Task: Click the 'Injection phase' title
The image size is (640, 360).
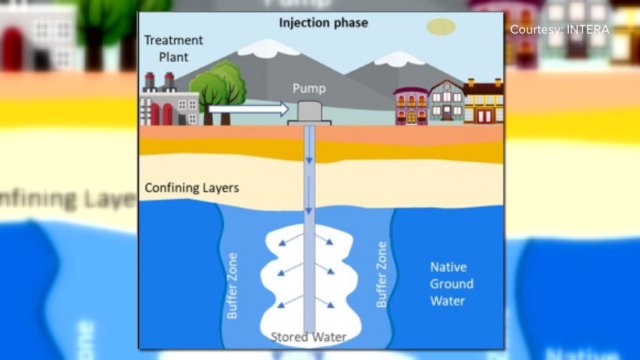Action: pyautogui.click(x=324, y=23)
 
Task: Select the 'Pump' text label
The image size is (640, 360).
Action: pyautogui.click(x=309, y=89)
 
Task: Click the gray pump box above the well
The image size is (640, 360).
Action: pyautogui.click(x=308, y=112)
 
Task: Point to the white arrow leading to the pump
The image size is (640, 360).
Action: pyautogui.click(x=248, y=110)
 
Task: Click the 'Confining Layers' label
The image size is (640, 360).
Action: pyautogui.click(x=191, y=188)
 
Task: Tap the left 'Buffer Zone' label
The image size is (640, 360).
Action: pyautogui.click(x=232, y=285)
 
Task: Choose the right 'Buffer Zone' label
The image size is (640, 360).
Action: pyautogui.click(x=382, y=274)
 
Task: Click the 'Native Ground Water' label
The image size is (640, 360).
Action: pyautogui.click(x=451, y=284)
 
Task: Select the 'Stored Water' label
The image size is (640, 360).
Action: pyautogui.click(x=308, y=337)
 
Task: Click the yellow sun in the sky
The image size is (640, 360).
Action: pyautogui.click(x=441, y=26)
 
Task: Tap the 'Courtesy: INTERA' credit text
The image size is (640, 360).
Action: pyautogui.click(x=559, y=29)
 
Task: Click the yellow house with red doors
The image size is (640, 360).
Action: pyautogui.click(x=483, y=102)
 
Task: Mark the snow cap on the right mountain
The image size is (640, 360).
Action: pyautogui.click(x=399, y=58)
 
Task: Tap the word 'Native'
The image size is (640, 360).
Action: pyautogui.click(x=448, y=267)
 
